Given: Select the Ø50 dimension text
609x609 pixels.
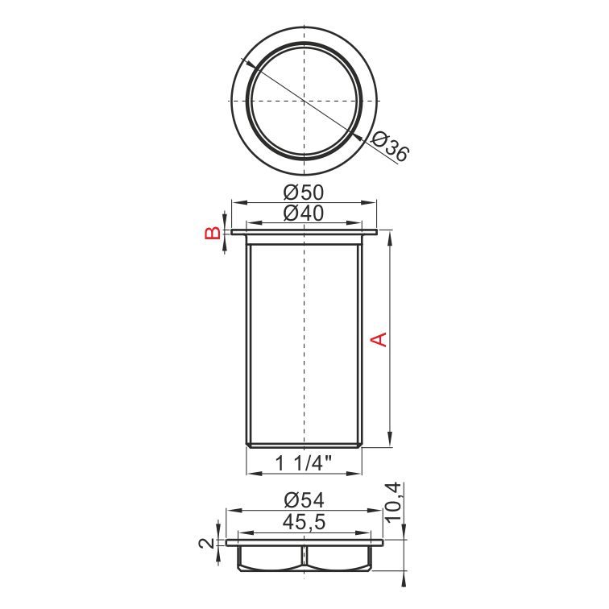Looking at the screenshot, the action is [x=304, y=193].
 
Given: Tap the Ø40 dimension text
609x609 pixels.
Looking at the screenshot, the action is [x=304, y=213].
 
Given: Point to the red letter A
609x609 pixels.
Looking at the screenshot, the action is [x=379, y=339].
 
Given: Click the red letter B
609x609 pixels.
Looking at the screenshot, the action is [x=213, y=233].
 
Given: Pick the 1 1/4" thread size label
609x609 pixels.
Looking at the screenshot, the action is [x=304, y=463].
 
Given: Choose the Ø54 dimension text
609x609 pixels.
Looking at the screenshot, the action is [x=304, y=500].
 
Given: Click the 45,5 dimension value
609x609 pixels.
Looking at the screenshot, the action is [x=304, y=522].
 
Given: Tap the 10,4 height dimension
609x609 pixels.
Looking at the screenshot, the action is [x=394, y=503].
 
